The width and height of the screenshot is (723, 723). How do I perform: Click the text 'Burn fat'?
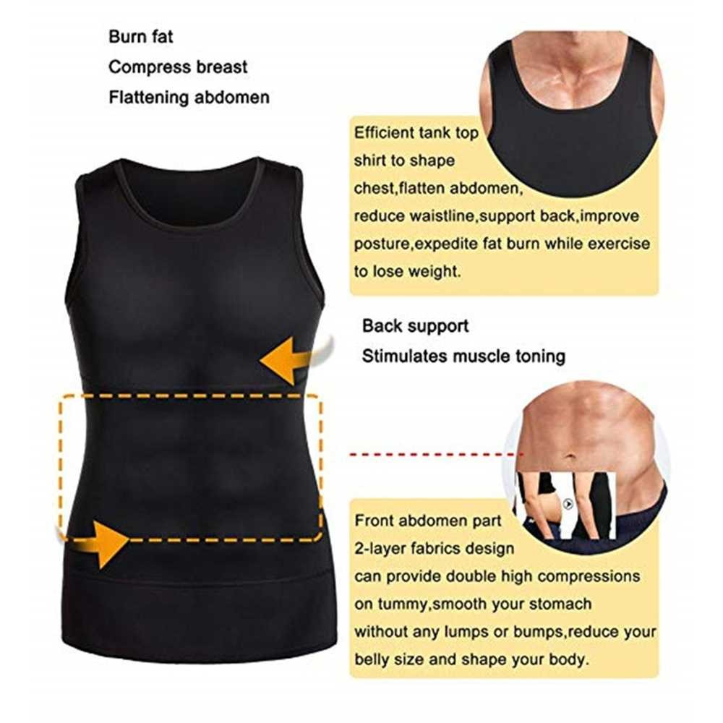tap(141, 37)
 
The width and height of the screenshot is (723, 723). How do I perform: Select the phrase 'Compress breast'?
tap(178, 67)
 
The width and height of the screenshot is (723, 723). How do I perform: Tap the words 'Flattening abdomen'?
tap(189, 97)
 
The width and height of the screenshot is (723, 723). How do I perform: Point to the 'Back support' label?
tap(415, 326)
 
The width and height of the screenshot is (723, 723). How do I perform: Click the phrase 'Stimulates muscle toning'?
tap(463, 356)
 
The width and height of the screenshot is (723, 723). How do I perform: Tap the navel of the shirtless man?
tap(570, 457)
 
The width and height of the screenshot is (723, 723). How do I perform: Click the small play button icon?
tap(568, 504)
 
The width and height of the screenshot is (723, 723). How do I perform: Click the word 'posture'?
tap(382, 244)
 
